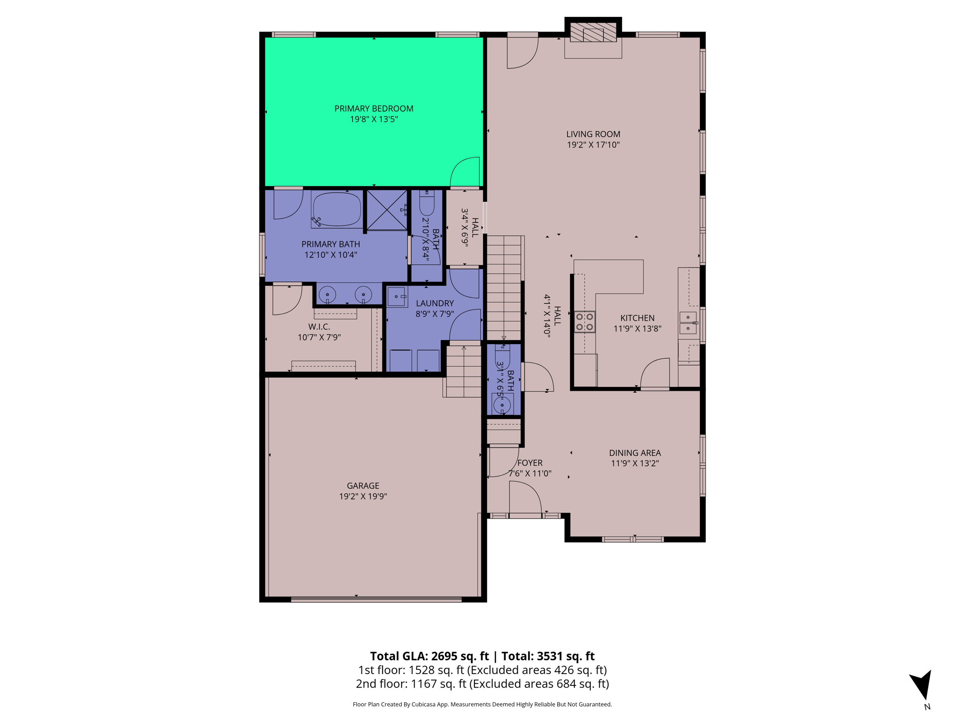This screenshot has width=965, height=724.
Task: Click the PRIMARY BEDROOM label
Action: pos(374,108)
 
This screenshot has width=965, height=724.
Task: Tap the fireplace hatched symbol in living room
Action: pos(593,32)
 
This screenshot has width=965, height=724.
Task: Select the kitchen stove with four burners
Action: pos(584,322)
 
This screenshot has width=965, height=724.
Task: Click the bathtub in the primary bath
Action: pos(336,209)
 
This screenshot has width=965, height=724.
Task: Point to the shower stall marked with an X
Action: pos(387,210)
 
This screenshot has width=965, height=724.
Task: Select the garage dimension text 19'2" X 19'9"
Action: pos(363,496)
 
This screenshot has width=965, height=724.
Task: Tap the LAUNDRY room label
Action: pos(434,303)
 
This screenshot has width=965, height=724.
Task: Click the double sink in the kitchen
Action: pos(688,322)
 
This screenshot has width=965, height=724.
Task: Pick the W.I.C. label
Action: pos(319,327)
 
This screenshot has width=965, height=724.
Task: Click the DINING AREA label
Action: pos(635,452)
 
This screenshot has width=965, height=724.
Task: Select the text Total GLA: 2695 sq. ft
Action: pos(429,656)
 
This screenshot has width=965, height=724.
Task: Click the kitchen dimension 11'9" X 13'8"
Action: pos(637,329)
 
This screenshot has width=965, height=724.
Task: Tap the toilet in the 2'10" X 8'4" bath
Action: pos(426,204)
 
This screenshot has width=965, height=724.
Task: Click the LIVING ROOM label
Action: pos(593,134)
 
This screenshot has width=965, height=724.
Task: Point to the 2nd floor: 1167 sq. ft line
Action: pos(482,683)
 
